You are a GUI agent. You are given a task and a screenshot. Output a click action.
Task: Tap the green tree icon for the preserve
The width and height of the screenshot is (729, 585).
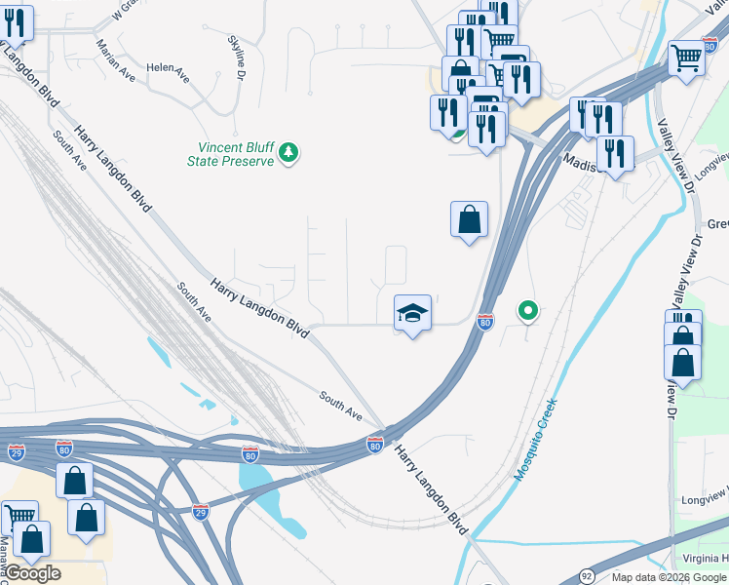coord(288,153)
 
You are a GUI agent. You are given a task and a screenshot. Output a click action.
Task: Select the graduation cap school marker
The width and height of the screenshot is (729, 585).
coord(411,313)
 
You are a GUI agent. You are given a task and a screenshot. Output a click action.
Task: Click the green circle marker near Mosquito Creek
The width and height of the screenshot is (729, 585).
coord(527,311)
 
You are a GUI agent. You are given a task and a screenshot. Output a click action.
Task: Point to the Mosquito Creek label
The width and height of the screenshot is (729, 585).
coord(536,438)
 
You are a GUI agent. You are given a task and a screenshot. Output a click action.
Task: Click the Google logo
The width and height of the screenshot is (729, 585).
coord(32,573)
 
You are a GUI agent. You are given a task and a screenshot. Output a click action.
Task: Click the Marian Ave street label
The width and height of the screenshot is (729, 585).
coord(115,59)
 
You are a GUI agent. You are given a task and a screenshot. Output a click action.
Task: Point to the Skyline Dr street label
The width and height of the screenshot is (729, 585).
coord(237,53)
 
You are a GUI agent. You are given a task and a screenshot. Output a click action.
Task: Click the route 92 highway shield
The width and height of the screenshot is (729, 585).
coord(586,576)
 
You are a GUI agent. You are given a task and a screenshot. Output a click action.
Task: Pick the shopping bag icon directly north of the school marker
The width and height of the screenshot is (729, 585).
coord(469,218)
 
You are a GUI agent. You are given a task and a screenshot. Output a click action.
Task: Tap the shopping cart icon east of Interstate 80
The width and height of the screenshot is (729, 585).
coord(687,58)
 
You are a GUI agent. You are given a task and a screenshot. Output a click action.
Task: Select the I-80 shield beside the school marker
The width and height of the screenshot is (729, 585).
coord(484,321)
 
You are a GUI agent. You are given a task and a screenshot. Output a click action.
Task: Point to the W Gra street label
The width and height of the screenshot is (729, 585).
coord(125,11)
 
